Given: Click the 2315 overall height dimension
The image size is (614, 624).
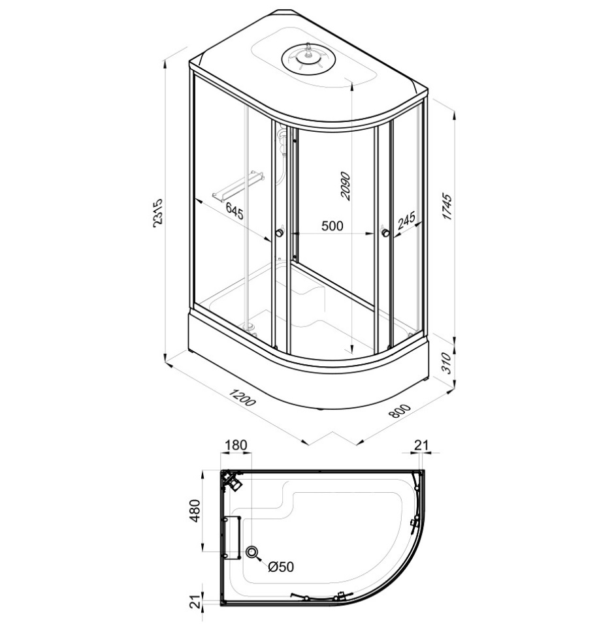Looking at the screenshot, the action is click(x=159, y=218).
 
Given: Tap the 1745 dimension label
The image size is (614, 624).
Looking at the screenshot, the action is click(x=447, y=207).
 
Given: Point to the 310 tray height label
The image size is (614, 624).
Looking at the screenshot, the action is click(x=447, y=362).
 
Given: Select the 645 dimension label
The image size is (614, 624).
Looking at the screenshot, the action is click(x=234, y=210).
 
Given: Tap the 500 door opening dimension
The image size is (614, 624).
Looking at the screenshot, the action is click(x=332, y=226).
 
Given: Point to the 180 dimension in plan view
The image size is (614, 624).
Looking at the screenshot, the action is click(x=236, y=445).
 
